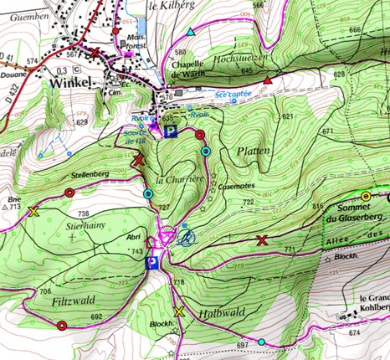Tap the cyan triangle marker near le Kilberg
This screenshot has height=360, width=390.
[191, 32]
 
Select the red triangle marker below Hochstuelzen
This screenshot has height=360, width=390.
[267, 80]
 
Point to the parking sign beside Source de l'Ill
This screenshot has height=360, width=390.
[171, 131]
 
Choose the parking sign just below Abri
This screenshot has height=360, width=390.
[152, 264]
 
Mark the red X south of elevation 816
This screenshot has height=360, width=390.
[262, 241]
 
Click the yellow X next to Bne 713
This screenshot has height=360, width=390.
[33, 211]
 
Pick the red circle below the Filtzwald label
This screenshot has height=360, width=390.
[61, 326]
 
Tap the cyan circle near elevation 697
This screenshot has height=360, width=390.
[262, 342]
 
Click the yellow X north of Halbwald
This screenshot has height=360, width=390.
[177, 312]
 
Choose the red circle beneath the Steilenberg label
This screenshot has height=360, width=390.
[69, 193]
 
